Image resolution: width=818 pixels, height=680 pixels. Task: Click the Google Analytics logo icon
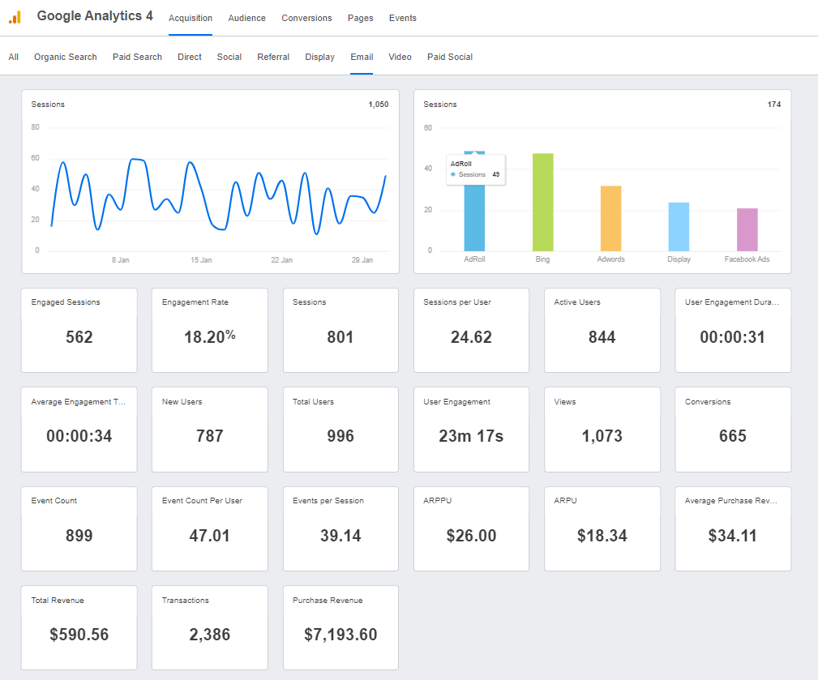(15, 17)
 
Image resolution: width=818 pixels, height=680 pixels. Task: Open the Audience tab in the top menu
(246, 18)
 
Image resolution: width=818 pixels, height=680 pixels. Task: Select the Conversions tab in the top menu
(306, 18)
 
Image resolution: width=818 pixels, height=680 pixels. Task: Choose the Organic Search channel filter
(65, 57)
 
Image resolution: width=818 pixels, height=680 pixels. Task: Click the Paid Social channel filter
(450, 57)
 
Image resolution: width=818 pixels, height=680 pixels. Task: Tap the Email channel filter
(362, 57)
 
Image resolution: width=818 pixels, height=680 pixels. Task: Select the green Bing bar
(542, 203)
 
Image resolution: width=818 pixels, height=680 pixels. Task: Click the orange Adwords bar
(610, 219)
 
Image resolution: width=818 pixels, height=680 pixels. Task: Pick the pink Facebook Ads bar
(747, 230)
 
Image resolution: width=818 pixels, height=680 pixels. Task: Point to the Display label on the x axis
(679, 259)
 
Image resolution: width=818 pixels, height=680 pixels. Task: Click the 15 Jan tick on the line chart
(201, 260)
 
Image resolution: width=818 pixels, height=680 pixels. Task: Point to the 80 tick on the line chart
(36, 127)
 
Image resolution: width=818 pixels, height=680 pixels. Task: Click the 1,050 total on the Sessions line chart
(378, 105)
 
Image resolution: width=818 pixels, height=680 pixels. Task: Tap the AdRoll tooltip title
(461, 164)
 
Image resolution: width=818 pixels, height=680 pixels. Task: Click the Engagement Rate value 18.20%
(209, 337)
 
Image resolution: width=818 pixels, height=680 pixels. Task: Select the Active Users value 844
(602, 337)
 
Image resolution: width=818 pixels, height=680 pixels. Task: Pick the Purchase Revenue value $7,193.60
(340, 635)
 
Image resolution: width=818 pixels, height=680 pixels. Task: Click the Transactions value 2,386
(209, 635)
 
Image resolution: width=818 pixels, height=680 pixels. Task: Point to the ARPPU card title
(438, 501)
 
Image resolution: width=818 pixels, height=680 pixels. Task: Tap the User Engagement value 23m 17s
(471, 436)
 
